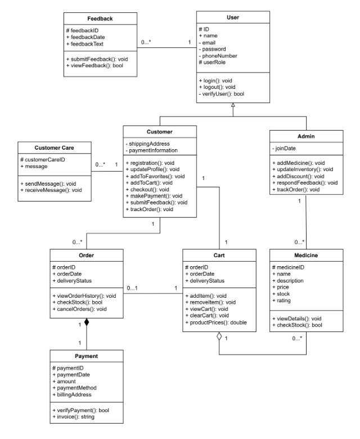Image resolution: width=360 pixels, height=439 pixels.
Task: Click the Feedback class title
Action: point(99,19)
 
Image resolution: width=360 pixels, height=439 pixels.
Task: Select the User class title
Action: point(233,18)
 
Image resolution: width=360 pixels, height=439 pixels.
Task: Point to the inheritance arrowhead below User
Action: point(233,113)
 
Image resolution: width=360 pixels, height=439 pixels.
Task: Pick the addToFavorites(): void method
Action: point(156,176)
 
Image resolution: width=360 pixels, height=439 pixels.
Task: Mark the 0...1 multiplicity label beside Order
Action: point(133,288)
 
